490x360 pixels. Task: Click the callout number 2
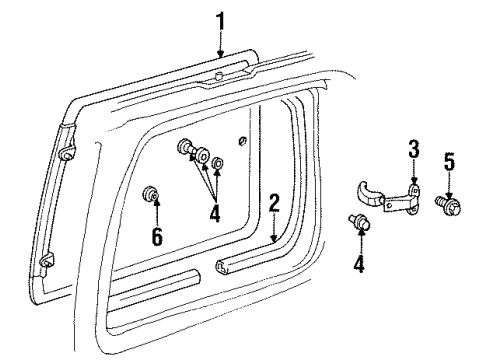tap(273, 204)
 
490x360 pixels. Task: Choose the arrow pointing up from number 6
tap(155, 214)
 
